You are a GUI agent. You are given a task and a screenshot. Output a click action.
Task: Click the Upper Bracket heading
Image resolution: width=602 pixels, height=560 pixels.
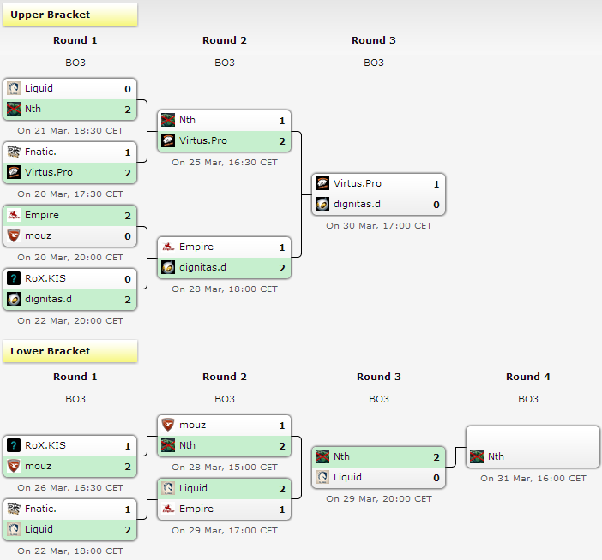pos(50,15)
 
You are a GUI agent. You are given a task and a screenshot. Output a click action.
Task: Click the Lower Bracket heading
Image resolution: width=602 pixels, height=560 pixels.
pos(50,351)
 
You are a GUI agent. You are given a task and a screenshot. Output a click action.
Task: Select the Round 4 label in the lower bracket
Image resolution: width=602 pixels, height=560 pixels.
pos(528,377)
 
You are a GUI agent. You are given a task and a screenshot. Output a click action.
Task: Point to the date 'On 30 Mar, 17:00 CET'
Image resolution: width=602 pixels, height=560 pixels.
pos(379,225)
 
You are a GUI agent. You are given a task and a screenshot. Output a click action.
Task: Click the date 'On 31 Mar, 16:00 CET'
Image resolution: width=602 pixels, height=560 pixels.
pos(533,478)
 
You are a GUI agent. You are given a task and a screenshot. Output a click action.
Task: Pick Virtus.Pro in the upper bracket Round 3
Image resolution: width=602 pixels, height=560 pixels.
pos(357,183)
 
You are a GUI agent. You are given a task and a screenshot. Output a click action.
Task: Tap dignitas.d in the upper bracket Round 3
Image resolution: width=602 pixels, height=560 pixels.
pos(358,204)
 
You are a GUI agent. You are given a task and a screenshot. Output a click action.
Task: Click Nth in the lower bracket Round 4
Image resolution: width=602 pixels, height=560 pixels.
pos(496,456)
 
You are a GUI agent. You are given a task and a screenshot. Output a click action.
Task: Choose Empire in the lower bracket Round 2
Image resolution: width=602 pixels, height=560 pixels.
pos(196,509)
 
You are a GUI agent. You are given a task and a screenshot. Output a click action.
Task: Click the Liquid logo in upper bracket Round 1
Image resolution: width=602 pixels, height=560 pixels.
pos(13,88)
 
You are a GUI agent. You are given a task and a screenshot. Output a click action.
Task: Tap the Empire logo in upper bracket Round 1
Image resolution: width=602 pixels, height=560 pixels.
pos(13,215)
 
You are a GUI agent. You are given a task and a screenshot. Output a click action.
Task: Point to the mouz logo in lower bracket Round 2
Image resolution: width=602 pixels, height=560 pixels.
pos(167,425)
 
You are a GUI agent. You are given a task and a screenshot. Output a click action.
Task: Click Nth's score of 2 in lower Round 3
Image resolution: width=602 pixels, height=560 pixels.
pos(436,456)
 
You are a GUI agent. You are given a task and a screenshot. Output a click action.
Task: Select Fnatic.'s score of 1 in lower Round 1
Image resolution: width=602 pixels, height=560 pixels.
pos(128,509)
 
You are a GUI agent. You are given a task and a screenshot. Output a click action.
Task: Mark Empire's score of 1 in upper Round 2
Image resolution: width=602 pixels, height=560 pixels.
pos(281,247)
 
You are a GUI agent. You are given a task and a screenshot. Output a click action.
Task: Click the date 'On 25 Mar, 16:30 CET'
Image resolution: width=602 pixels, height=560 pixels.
pos(225,162)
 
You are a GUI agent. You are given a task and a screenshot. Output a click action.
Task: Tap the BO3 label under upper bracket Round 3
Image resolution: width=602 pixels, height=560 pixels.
pos(374,63)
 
